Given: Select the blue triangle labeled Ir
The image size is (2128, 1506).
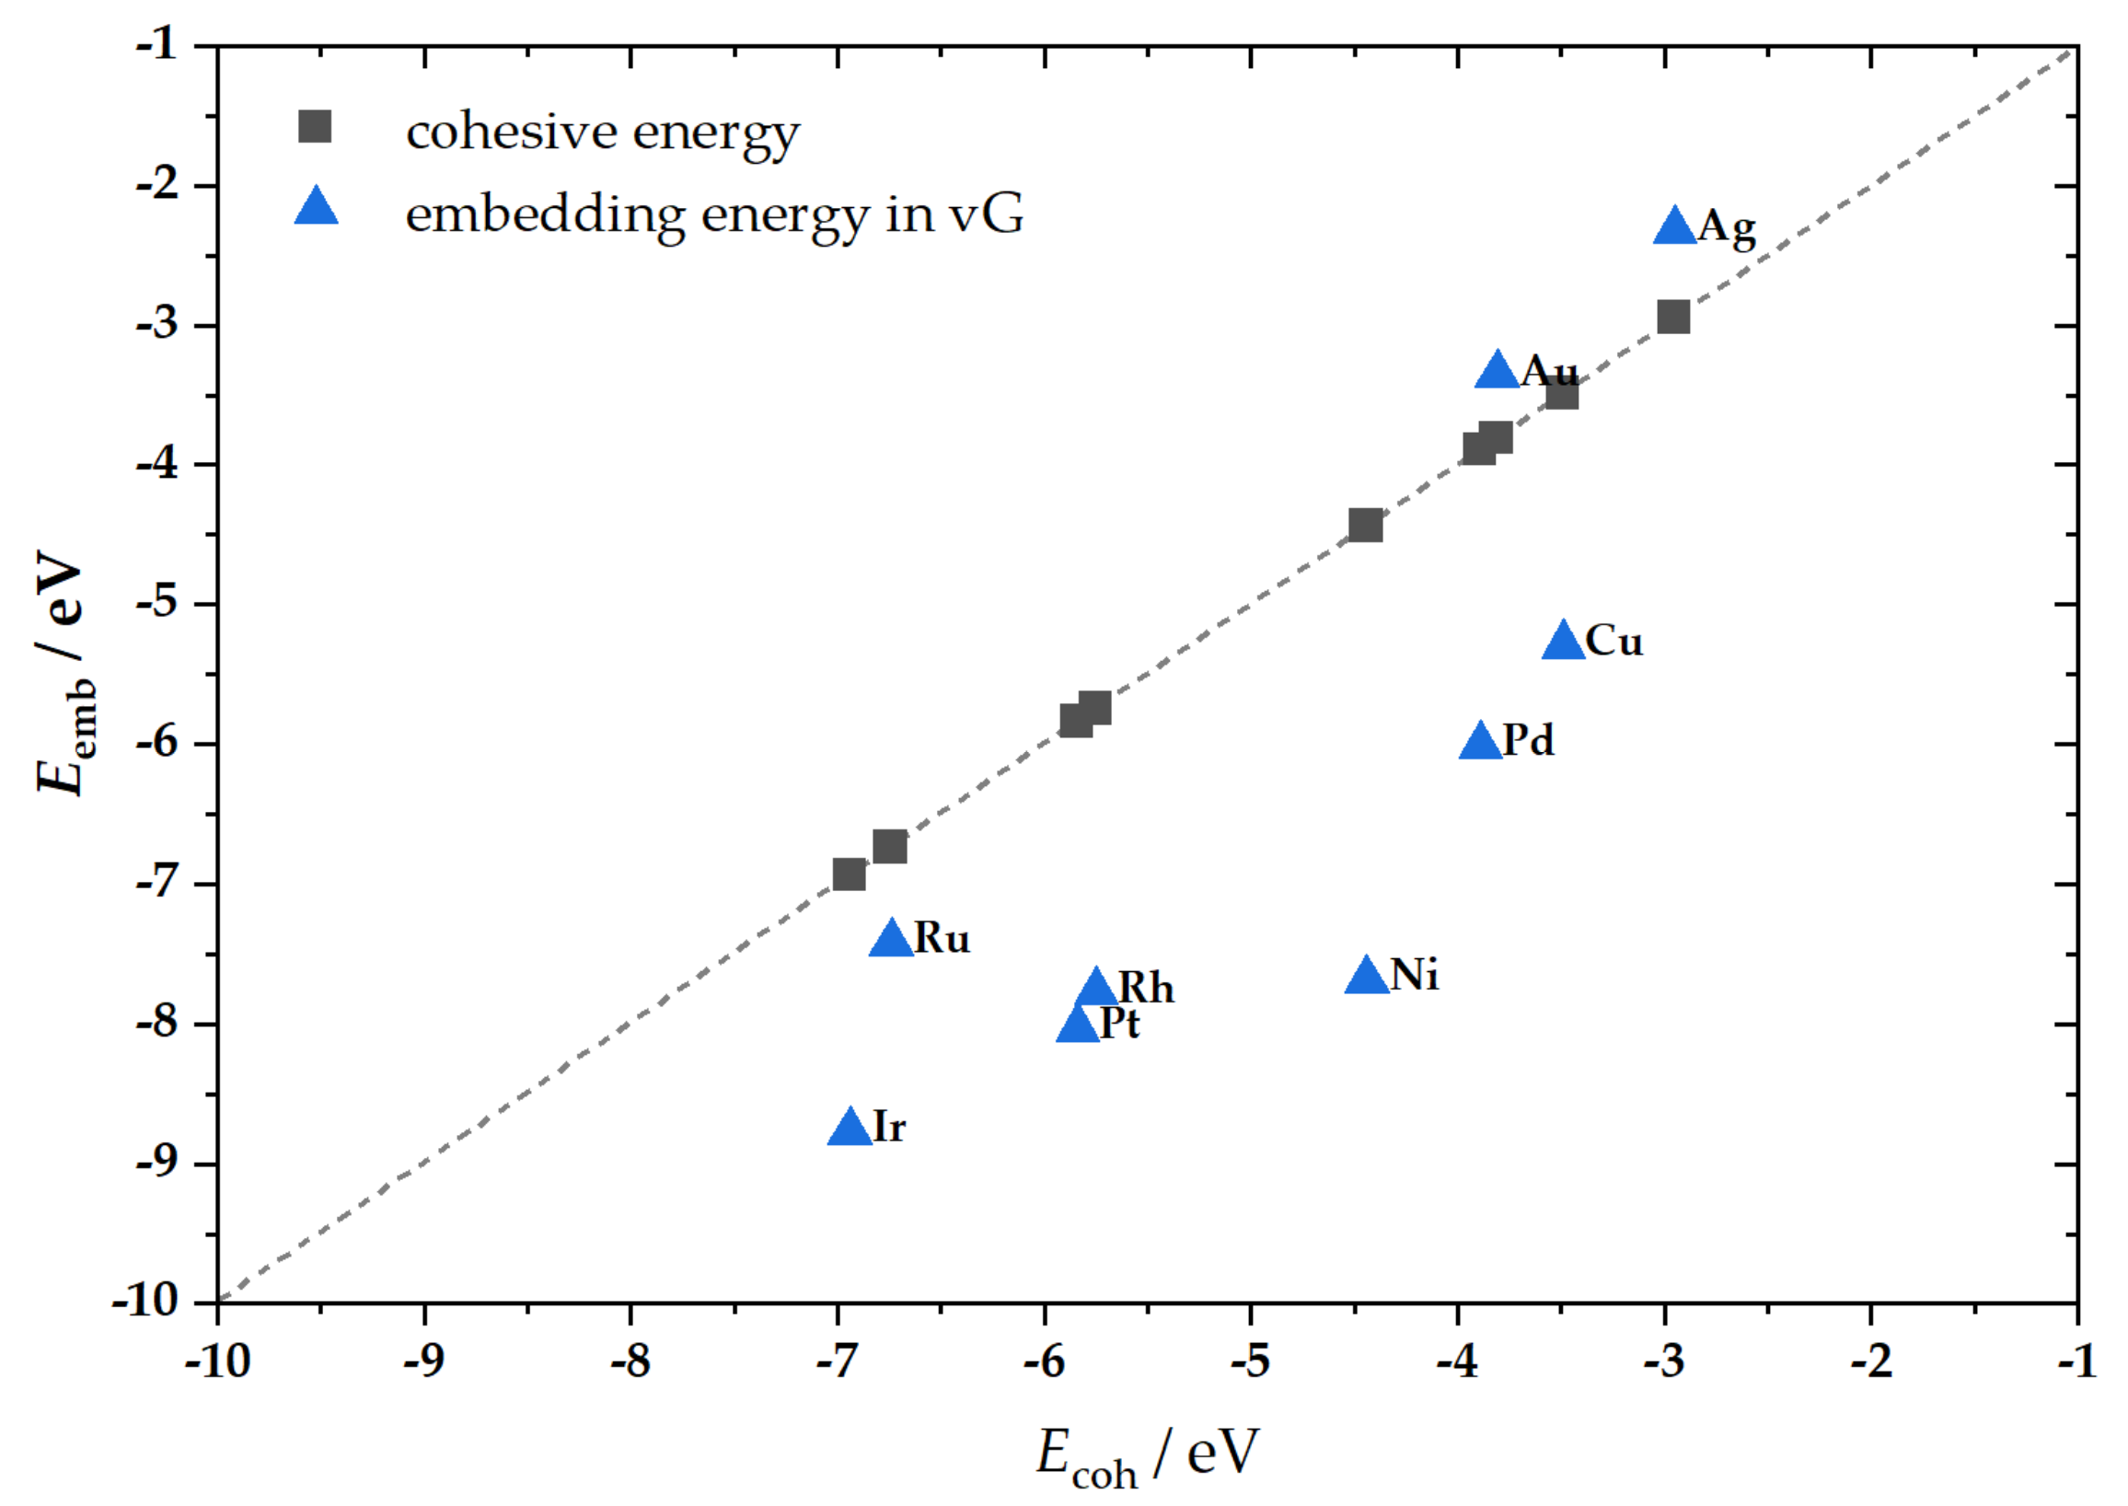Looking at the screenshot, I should point(850,1129).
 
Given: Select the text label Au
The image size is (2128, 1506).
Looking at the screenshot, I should point(1549,371).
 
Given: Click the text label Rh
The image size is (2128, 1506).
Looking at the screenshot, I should point(1146,989).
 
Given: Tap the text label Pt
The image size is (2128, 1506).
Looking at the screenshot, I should point(1119,1025).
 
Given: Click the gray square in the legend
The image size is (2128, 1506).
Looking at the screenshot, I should point(316,126).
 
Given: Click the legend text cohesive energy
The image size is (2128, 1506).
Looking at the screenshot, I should point(603,132).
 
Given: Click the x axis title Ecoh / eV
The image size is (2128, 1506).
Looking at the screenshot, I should point(1147,1455).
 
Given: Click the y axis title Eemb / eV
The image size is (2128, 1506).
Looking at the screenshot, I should point(64,673).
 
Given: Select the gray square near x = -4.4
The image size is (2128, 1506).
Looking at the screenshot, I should point(1365,526).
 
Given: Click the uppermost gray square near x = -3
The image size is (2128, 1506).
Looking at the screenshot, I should point(1672,318).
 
